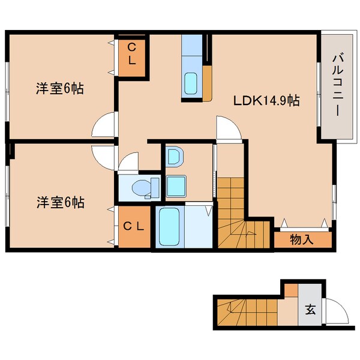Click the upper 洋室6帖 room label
click(x=58, y=89)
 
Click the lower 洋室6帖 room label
click(x=58, y=202)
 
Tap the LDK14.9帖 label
click(x=266, y=101)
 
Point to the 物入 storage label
click(x=302, y=239)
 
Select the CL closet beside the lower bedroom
click(x=133, y=226)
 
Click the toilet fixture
click(x=144, y=187)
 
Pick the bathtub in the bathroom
click(x=170, y=226)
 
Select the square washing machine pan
click(x=176, y=185)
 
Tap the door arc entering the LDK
click(x=228, y=127)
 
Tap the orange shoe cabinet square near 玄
click(x=290, y=290)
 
